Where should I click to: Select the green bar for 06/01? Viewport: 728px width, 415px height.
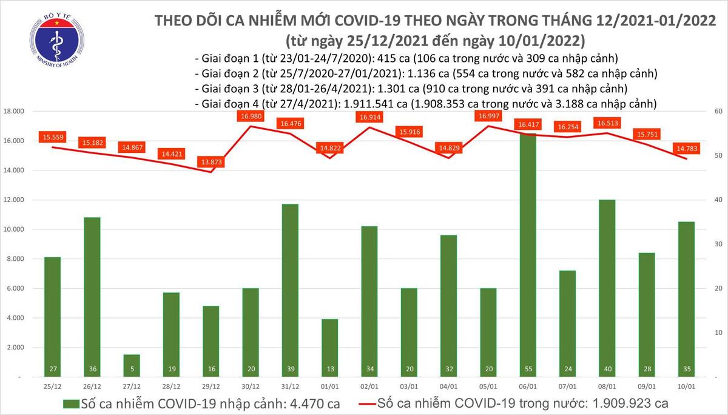tap(527, 255)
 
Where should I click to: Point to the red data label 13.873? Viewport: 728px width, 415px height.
tap(211, 163)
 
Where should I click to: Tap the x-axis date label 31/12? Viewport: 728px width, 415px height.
tap(289, 386)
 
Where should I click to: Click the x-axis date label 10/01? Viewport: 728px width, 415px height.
tap(686, 386)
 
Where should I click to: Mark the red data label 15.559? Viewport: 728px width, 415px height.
tap(52, 138)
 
